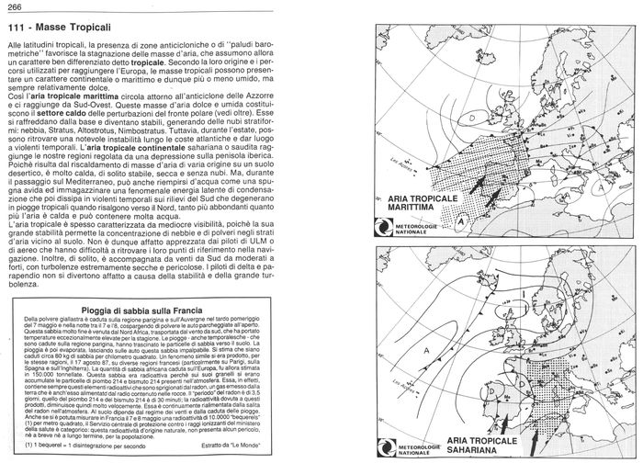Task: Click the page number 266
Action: (17, 8)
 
